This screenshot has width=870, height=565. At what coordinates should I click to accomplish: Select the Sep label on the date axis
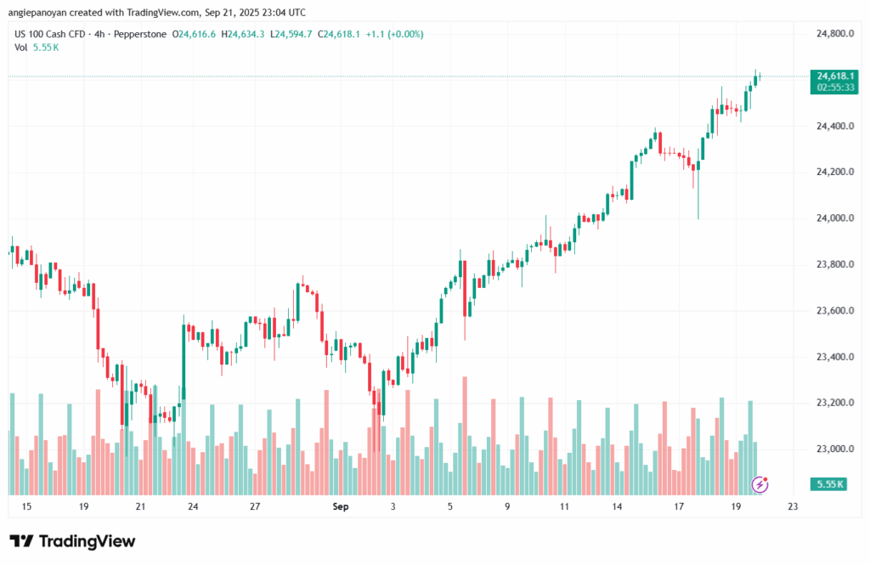[341, 506]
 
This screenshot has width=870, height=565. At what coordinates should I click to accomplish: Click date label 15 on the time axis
[26, 506]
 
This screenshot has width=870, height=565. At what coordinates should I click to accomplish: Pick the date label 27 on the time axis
[254, 506]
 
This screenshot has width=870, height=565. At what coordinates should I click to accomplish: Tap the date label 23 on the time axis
[793, 506]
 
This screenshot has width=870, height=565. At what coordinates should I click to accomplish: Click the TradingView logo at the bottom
[72, 541]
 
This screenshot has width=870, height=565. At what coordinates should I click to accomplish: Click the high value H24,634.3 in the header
[243, 34]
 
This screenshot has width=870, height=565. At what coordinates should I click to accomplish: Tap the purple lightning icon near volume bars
[761, 484]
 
